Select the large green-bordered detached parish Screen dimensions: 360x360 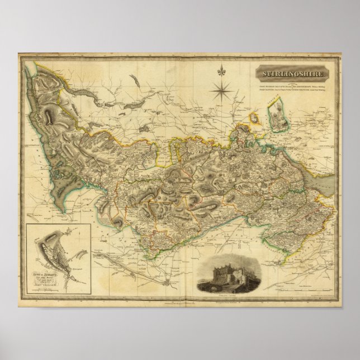(277, 115)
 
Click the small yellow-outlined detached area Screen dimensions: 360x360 (254, 119)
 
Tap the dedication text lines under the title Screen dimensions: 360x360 (296, 89)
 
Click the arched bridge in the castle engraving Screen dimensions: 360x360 (215, 285)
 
